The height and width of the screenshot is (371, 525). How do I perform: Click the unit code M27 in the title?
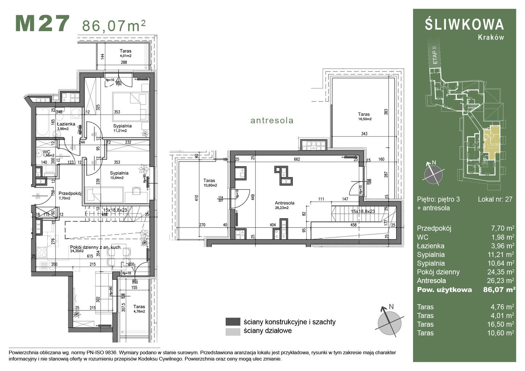pos(42,24)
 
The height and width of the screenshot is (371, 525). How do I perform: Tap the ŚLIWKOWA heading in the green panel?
pos(464,25)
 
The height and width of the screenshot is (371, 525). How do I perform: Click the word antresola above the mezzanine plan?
pos(272,121)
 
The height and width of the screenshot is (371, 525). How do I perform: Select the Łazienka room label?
pos(66,124)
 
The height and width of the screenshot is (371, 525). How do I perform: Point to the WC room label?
pos(47,152)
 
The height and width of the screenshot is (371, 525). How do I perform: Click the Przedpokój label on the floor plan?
pos(70,193)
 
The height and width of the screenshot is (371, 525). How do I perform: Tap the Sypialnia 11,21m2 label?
pos(122,126)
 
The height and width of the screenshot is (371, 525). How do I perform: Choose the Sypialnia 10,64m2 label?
pos(119,173)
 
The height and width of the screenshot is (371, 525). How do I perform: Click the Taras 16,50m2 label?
pos(364,114)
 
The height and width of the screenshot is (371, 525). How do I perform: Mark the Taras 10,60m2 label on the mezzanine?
pos(209,180)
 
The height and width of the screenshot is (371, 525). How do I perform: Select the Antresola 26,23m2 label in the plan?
pos(284,203)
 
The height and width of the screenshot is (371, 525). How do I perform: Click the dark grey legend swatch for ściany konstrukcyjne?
pos(233,322)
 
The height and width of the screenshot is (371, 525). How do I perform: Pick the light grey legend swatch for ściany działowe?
pos(233,331)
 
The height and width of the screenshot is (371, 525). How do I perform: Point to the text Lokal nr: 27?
pos(495,199)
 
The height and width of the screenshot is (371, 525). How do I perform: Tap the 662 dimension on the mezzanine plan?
pos(297,159)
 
